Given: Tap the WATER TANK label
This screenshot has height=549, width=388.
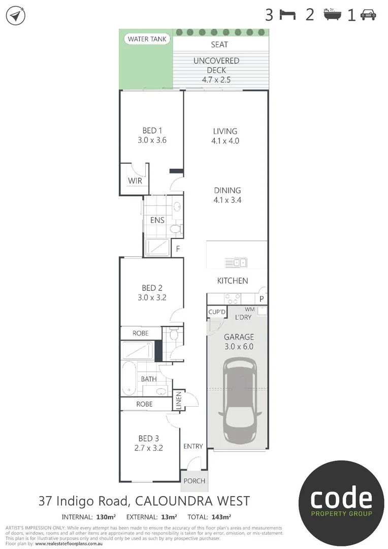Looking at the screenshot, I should click(x=147, y=39).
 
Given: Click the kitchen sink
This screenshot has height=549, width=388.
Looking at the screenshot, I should click(x=237, y=262).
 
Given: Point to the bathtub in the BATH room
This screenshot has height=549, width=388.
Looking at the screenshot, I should click(x=128, y=378).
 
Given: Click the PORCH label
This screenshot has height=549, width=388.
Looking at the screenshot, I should click(x=194, y=481).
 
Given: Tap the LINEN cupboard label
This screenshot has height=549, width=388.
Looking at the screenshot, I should click(x=178, y=401).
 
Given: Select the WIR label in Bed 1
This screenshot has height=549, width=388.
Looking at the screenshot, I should click(x=135, y=181).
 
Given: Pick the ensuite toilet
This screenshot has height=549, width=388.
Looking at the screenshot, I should click(x=175, y=229).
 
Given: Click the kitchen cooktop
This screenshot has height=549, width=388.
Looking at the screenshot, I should click(x=233, y=297).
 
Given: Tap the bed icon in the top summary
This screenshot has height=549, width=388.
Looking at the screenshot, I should click(x=287, y=15).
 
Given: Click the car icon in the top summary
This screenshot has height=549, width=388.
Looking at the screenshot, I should click(x=368, y=15).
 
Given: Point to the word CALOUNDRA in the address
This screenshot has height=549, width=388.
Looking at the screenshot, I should click(x=173, y=501).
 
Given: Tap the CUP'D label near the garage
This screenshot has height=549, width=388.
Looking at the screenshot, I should click(x=217, y=312).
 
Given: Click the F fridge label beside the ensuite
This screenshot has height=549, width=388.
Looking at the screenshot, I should click(x=178, y=249).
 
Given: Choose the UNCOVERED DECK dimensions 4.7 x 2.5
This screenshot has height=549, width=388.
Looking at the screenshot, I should click(x=216, y=79).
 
